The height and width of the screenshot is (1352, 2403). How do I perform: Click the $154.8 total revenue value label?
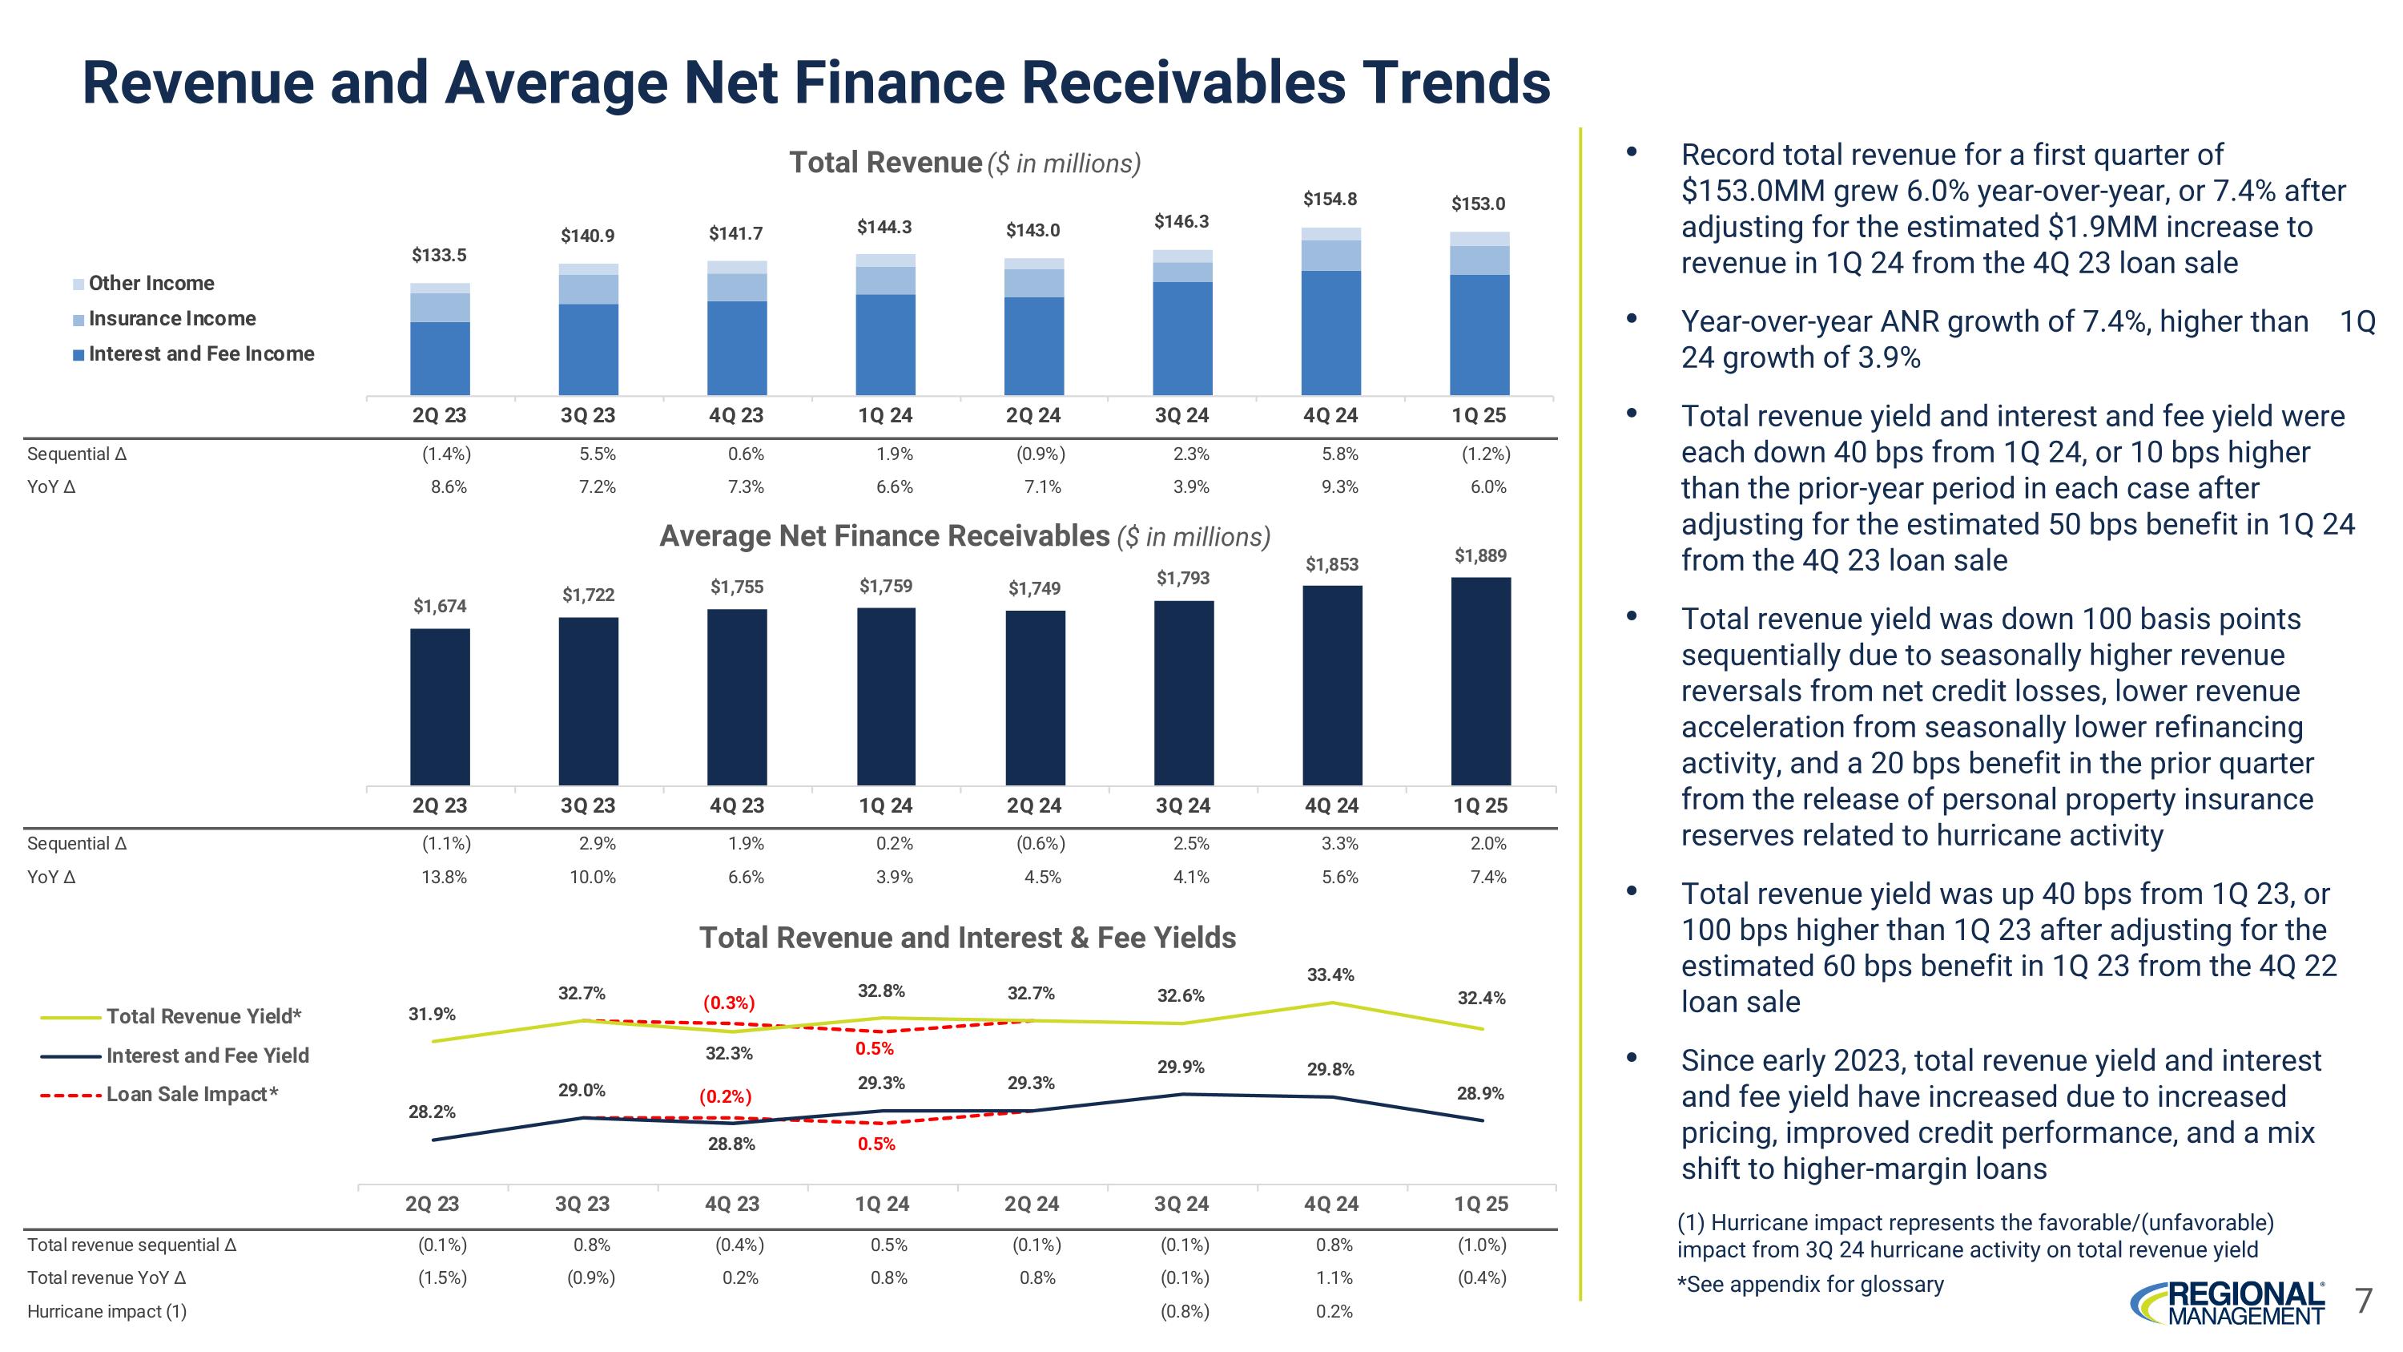pos(1330,199)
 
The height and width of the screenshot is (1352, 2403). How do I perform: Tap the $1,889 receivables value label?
pos(1480,555)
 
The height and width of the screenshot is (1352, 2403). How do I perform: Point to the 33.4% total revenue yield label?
pos(1330,975)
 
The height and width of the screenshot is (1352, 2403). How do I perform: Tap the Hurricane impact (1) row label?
pos(107,1311)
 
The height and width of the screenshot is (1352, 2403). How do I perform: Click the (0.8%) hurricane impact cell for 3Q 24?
pos(1184,1311)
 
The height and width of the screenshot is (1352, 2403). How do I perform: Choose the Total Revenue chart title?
pos(964,163)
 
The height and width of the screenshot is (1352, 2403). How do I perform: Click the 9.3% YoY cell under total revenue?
pos(1339,486)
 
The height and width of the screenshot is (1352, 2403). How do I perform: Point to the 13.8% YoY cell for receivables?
pos(444,876)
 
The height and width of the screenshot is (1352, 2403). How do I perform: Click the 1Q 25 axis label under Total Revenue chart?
pos(1479,415)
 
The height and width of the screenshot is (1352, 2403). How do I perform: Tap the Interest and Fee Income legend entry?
pos(193,353)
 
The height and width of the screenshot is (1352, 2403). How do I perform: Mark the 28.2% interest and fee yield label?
pos(432,1112)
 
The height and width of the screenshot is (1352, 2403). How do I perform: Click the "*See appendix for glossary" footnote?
pos(1809,1284)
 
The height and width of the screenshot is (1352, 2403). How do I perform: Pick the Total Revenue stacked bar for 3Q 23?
pos(588,329)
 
